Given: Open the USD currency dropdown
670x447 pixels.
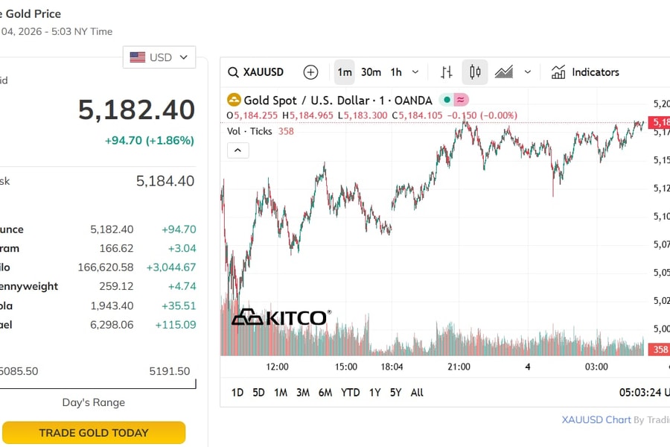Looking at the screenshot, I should pyautogui.click(x=159, y=57).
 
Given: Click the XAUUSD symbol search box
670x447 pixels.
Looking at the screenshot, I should pyautogui.click(x=257, y=72).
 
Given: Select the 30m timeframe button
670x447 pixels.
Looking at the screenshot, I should pyautogui.click(x=371, y=72).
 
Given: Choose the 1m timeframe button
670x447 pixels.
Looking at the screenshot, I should pyautogui.click(x=344, y=72).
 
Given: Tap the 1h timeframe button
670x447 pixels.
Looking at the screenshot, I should pyautogui.click(x=396, y=72).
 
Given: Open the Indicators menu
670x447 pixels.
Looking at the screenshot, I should pyautogui.click(x=585, y=72).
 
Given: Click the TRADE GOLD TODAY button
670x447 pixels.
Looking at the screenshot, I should pyautogui.click(x=93, y=433).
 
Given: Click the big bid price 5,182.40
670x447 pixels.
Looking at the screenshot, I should pyautogui.click(x=136, y=110).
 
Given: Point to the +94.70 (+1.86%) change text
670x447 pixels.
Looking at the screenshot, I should pyautogui.click(x=149, y=140).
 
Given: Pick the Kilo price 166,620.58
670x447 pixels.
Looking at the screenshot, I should pyautogui.click(x=106, y=267).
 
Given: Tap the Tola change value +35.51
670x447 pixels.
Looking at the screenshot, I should pyautogui.click(x=179, y=305).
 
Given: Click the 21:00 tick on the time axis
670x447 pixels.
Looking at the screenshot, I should pyautogui.click(x=459, y=367).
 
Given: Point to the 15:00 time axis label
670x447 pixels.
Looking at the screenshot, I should pyautogui.click(x=346, y=367).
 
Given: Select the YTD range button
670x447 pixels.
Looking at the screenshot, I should pyautogui.click(x=350, y=393).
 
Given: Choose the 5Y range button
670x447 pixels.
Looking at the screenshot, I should pyautogui.click(x=395, y=393).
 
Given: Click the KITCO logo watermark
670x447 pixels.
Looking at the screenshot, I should pyautogui.click(x=280, y=317).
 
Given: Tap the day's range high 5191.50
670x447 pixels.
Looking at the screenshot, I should pyautogui.click(x=169, y=371).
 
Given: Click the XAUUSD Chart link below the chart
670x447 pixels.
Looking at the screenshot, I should pyautogui.click(x=596, y=419).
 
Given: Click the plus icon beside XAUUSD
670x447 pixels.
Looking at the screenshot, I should pyautogui.click(x=310, y=72).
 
